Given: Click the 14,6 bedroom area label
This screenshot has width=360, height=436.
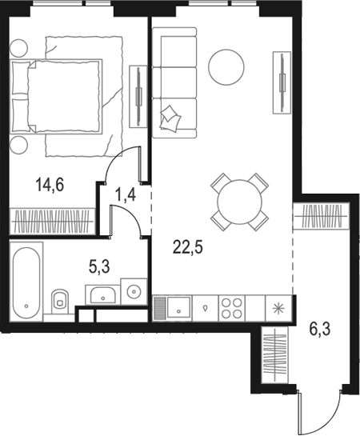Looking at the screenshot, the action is pyautogui.click(x=50, y=185).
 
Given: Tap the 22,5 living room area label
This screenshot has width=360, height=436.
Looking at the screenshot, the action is pyautogui.click(x=188, y=247).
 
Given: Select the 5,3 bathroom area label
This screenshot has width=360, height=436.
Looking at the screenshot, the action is pyautogui.click(x=99, y=266).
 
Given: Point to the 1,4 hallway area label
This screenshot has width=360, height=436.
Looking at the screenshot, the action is pyautogui.click(x=126, y=194).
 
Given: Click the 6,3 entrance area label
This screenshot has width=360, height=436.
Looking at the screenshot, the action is pyautogui.click(x=320, y=330).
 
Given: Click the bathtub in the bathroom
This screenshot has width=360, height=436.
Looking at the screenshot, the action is pyautogui.click(x=26, y=282).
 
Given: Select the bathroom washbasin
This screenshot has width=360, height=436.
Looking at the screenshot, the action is pyautogui.click(x=103, y=295).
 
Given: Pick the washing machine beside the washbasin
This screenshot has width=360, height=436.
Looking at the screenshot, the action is pyautogui.click(x=134, y=291).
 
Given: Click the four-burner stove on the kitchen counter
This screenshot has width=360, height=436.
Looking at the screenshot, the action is pyautogui.click(x=232, y=308).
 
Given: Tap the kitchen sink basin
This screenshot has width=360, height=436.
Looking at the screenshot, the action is pyautogui.click(x=178, y=308).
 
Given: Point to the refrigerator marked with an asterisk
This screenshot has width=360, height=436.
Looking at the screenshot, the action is pyautogui.click(x=278, y=308).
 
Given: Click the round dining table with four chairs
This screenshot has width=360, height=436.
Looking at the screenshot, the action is pyautogui.click(x=240, y=202).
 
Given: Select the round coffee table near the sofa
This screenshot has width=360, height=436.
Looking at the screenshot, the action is pyautogui.click(x=226, y=67).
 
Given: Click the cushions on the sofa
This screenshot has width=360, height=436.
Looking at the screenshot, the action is pyautogui.click(x=170, y=118).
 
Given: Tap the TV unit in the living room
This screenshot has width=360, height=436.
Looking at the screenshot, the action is pyautogui.click(x=282, y=82).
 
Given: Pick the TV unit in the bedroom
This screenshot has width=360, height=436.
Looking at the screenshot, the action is pyautogui.click(x=138, y=97).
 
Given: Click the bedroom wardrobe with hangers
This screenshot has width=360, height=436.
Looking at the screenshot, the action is pyautogui.click(x=53, y=221).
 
